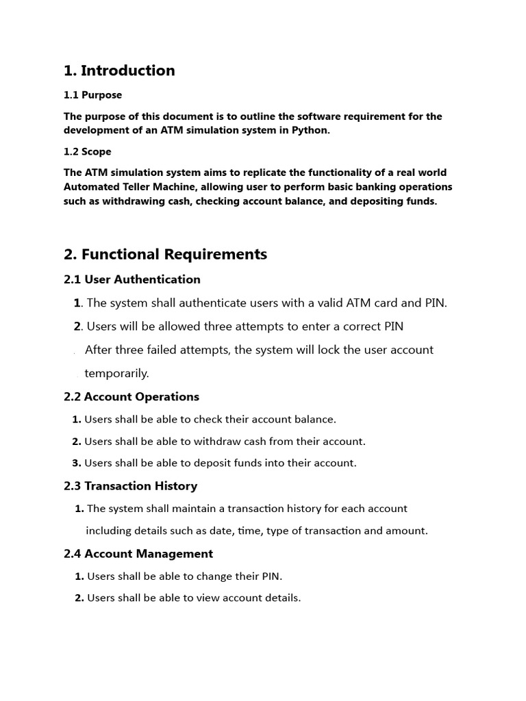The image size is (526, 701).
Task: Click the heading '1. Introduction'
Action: (x=119, y=71)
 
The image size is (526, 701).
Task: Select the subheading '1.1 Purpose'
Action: (x=92, y=95)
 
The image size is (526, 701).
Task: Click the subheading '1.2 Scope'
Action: (x=87, y=151)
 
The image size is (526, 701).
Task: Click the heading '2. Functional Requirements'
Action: (x=165, y=254)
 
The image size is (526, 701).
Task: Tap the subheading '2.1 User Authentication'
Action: (x=132, y=279)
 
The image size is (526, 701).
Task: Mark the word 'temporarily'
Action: (x=116, y=373)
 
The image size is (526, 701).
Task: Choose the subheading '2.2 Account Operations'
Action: (x=131, y=396)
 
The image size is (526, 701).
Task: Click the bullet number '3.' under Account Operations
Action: (x=77, y=463)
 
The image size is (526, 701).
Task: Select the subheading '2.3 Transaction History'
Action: (x=130, y=486)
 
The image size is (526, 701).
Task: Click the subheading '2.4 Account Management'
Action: (x=138, y=554)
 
